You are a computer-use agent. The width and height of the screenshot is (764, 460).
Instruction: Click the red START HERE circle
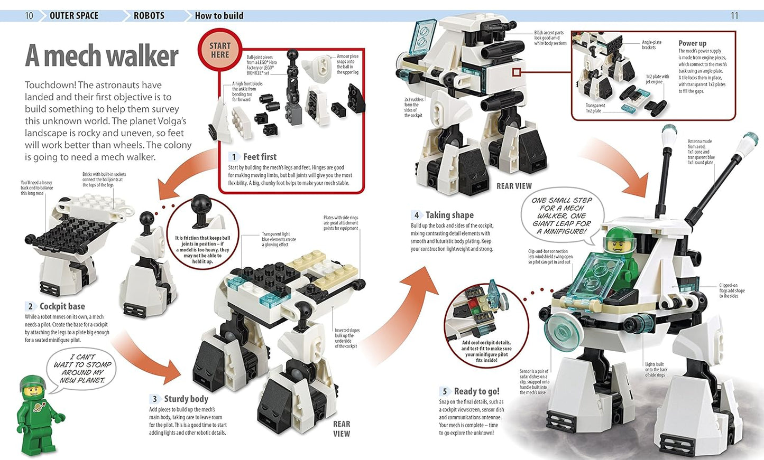219,50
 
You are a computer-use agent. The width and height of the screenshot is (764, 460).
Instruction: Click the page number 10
29,16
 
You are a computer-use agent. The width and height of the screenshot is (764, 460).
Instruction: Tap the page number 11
734,16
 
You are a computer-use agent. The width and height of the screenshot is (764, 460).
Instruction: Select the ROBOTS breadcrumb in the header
149,16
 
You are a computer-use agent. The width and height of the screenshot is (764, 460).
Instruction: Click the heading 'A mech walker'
102,56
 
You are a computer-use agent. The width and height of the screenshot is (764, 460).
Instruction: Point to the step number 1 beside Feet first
234,157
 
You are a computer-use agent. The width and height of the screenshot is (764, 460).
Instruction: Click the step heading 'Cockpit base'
62,306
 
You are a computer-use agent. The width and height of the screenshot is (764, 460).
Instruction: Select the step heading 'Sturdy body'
186,399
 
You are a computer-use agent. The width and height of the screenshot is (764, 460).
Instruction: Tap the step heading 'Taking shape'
449,215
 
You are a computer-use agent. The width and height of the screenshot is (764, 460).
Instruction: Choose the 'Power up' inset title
692,43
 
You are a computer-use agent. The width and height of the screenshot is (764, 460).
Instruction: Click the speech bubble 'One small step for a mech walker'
562,215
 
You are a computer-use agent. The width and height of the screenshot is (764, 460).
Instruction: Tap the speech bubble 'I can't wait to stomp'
82,369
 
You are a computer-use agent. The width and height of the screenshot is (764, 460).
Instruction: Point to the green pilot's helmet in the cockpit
620,240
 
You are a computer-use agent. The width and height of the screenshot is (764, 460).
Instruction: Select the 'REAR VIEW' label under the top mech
514,186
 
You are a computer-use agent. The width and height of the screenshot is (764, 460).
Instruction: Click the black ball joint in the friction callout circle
201,206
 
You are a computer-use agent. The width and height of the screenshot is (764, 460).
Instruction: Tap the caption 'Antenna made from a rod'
701,152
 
